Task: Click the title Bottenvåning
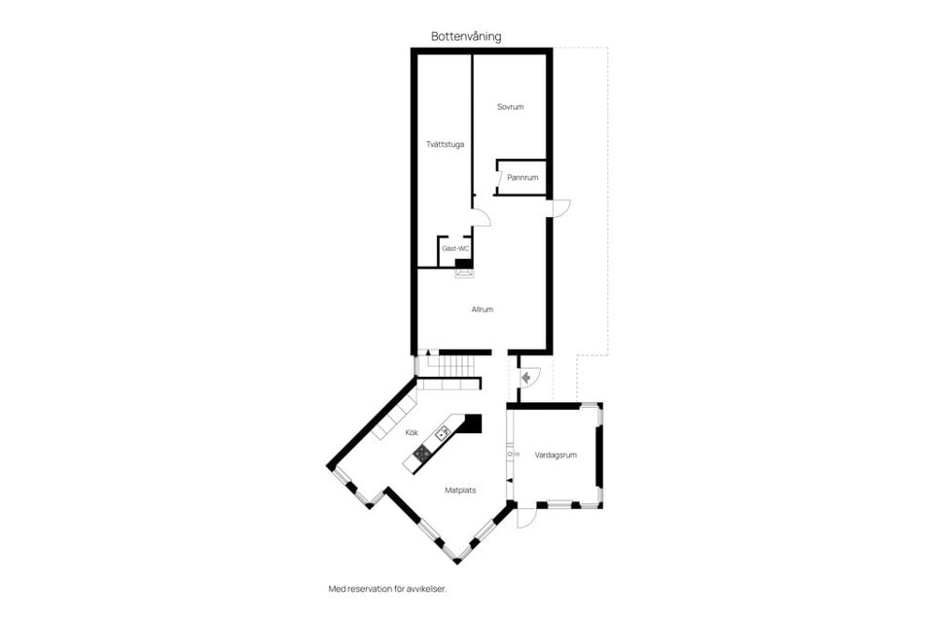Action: click(x=466, y=37)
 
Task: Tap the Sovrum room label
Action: click(x=511, y=107)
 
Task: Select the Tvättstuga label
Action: click(x=445, y=145)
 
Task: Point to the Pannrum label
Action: click(x=522, y=178)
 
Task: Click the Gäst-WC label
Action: click(x=455, y=249)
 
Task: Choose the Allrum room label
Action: click(x=483, y=310)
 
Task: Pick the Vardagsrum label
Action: click(x=556, y=455)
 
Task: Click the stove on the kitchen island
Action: click(x=422, y=453)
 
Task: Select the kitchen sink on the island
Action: click(x=443, y=431)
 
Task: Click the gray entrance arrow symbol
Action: click(x=525, y=376)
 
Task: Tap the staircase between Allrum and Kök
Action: click(x=448, y=367)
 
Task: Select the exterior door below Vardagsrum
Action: click(x=525, y=517)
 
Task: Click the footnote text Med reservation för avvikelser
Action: click(x=393, y=588)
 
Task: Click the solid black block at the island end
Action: click(x=472, y=423)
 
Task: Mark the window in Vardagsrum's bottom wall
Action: click(x=558, y=504)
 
